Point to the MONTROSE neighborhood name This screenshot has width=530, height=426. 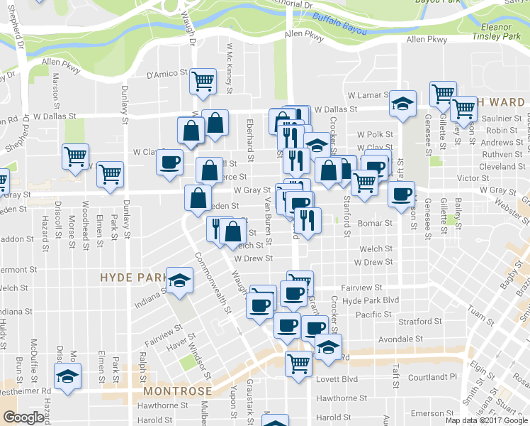coord(177,391)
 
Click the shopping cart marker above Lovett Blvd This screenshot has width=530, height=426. coord(299,362)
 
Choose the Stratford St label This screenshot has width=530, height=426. coord(420,322)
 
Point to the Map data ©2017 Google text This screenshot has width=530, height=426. coord(487,420)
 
